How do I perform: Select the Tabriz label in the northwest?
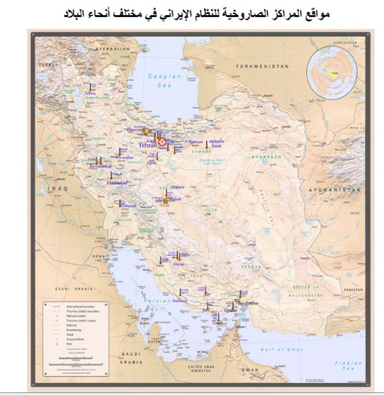click(89, 94)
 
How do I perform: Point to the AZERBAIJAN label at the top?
click(109, 49)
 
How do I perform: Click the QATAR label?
click(155, 342)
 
